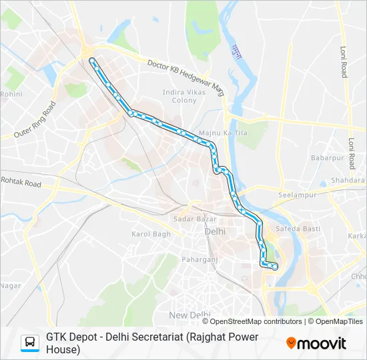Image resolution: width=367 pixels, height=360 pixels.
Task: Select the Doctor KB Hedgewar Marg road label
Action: coord(186,76)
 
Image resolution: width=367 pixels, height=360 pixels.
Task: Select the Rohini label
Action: coord(11,95)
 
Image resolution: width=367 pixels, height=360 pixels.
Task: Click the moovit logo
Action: coord(316,343)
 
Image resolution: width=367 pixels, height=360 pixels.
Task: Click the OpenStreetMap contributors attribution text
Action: coord(256,321)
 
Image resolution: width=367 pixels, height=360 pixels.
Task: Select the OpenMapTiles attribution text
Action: coord(340,321)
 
